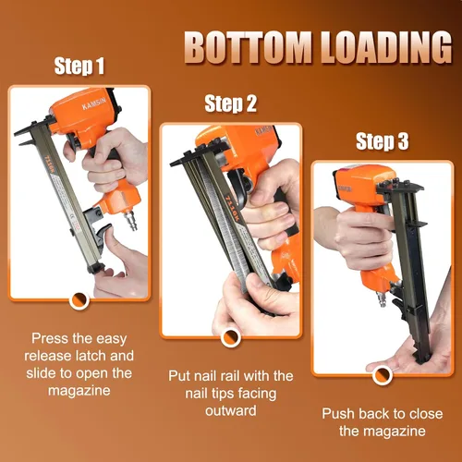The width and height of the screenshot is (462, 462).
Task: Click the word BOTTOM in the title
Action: coord(249,47)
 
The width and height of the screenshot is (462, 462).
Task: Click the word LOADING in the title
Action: coord(386,47)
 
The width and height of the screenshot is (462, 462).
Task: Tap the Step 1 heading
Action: coord(79,67)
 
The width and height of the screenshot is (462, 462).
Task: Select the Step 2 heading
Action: coord(230,103)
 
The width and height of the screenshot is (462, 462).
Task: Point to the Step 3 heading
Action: coord(383,141)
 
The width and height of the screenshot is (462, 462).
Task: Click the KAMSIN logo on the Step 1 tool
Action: coord(94,103)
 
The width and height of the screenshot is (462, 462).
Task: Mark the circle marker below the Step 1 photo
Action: coord(79,300)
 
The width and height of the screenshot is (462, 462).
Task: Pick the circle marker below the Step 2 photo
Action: coord(231,337)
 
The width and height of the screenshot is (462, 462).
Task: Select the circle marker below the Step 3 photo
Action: coord(383,375)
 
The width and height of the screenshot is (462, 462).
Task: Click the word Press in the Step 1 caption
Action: coord(50,338)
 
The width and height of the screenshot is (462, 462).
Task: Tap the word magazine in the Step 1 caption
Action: coord(79,391)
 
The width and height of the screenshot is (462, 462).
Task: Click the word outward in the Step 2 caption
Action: coord(231,410)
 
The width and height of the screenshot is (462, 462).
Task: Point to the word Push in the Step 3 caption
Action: coord(338,413)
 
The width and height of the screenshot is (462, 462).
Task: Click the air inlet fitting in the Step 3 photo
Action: coord(383,299)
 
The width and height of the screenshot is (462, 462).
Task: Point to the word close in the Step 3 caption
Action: coord(426,413)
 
